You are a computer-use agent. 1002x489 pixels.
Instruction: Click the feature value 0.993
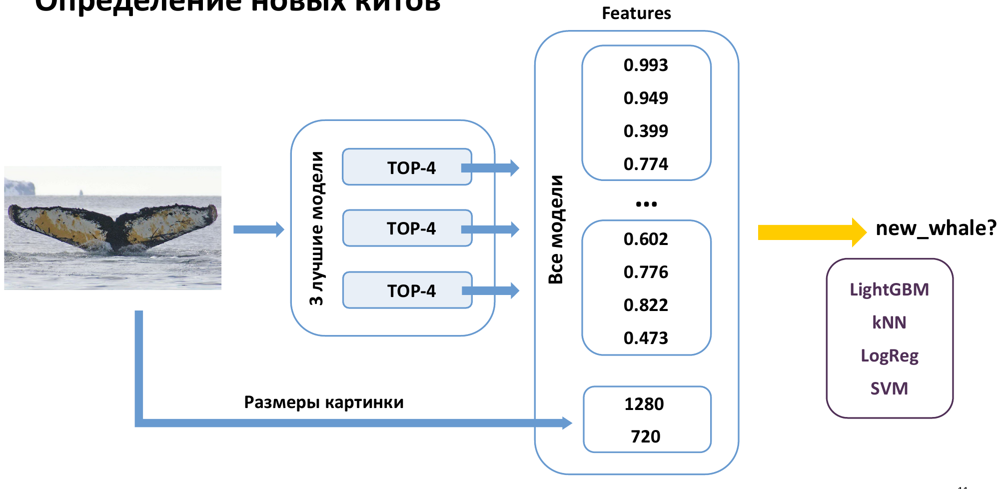pos(646,65)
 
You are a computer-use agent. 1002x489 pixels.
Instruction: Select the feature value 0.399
pos(646,131)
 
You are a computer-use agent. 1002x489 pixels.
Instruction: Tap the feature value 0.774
pos(646,164)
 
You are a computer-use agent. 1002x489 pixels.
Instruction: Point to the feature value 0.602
pos(646,239)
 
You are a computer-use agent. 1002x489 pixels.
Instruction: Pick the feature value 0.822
pos(646,305)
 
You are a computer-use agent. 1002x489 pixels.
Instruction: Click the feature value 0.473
pos(646,338)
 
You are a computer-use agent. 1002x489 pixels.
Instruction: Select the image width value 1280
pos(644,404)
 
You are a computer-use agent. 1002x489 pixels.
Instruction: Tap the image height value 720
pos(646,436)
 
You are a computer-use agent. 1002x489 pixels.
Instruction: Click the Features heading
pos(636,13)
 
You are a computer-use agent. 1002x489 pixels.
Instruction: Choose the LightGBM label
pos(889,289)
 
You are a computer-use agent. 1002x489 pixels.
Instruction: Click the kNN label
pos(889,322)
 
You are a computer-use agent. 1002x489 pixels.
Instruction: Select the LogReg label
pos(889,355)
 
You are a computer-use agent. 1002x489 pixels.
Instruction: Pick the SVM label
pos(889,388)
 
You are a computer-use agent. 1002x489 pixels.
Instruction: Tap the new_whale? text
pos(936,228)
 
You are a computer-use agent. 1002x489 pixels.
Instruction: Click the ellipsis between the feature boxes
pos(646,204)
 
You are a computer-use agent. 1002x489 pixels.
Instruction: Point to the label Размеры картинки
pos(324,402)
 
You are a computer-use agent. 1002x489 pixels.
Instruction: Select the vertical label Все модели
pos(556,229)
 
